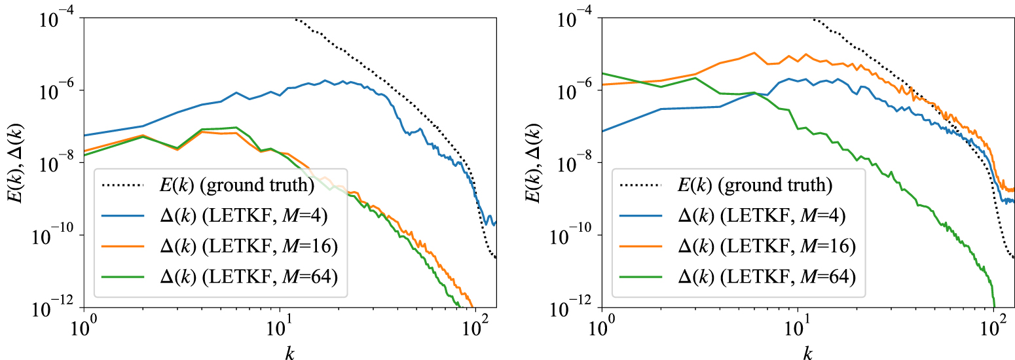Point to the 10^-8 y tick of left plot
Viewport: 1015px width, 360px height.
click(x=56, y=163)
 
